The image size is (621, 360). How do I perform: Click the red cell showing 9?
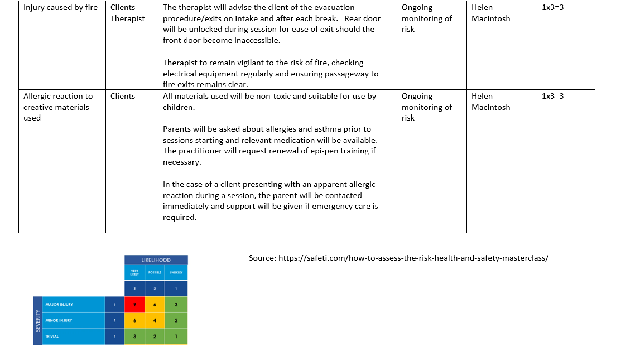pos(134,304)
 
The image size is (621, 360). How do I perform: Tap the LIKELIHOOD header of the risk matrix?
pos(156,260)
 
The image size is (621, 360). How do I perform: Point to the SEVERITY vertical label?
pos(37,320)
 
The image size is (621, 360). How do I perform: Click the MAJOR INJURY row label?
pos(59,305)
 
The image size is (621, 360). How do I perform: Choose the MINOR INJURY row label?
pos(59,320)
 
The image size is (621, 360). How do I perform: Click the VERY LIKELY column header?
pos(134,272)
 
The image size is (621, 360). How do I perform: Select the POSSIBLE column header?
pos(155,272)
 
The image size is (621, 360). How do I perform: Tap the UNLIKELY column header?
pos(176,272)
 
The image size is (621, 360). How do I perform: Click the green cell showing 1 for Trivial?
pos(176,337)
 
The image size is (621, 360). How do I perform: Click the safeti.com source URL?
pos(413,258)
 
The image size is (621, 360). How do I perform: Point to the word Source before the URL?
pos(262,258)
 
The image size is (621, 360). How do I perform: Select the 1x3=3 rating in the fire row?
pos(552,8)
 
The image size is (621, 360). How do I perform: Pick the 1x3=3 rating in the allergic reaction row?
pos(552,96)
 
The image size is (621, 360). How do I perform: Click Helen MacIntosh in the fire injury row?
pos(490,13)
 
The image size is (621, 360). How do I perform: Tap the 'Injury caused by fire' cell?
pos(60,8)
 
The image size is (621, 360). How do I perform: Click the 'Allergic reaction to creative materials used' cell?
pos(58,107)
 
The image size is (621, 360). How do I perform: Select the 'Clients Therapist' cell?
pos(127,13)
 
